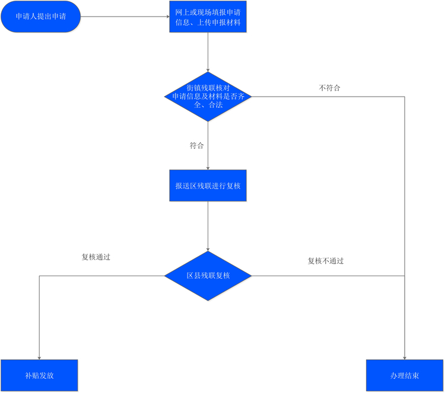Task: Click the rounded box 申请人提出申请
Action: coord(40,17)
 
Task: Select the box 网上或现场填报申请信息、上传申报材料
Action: coord(208,17)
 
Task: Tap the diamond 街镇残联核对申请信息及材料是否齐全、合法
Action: coord(208,97)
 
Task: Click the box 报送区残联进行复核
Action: coord(208,186)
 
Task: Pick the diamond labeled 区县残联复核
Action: coord(208,276)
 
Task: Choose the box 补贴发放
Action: coord(39,375)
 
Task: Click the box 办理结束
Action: coord(405,375)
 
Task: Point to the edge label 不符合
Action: coord(329,88)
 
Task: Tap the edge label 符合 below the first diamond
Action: coord(196,145)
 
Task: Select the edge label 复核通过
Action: coord(96,257)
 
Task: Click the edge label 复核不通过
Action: coord(326,261)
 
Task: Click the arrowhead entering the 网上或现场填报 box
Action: coord(168,17)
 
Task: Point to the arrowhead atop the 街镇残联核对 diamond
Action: coord(208,71)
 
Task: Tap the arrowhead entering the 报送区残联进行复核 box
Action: coord(208,168)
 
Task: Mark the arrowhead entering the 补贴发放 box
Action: coord(39,358)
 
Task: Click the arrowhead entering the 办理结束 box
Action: coord(405,358)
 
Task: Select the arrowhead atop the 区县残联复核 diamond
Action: coord(208,250)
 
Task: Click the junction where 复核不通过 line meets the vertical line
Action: coord(405,276)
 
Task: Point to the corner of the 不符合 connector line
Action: coord(405,97)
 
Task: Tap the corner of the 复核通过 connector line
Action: coord(39,276)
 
